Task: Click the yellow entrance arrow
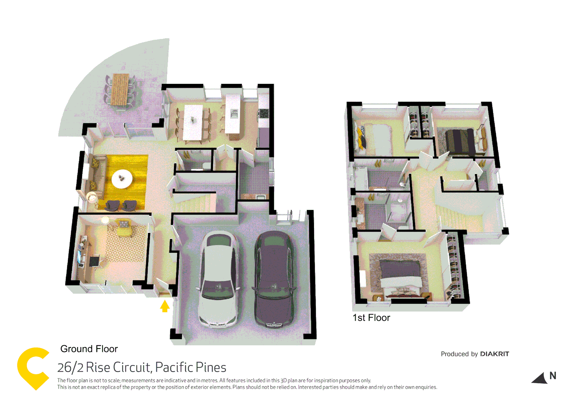point(165,306)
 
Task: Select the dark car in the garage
point(274,278)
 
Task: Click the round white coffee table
point(122,179)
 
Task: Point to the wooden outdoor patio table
point(120,89)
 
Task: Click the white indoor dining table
point(193,122)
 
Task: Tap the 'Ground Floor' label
point(89,349)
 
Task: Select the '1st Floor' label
point(371,318)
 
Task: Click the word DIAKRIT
point(494,354)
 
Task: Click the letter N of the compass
point(553,376)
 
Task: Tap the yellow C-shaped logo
point(33,368)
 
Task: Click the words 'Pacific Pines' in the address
point(191,368)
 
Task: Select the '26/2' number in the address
point(70,368)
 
